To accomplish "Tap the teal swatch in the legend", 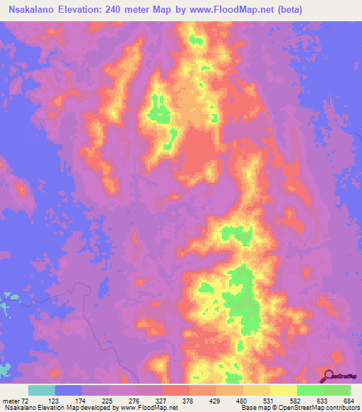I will pos(42,390).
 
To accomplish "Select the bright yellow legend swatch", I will pos(284,390).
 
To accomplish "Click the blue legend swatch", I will pos(69,390).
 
